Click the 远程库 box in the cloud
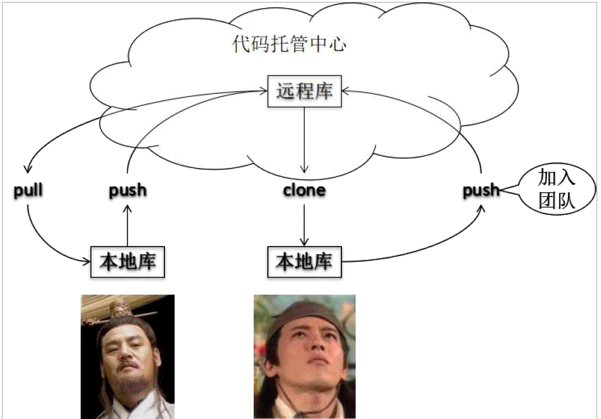coord(305,91)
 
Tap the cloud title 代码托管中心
coord(290,45)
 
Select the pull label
coord(28,190)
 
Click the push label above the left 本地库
coord(128,190)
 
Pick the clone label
coord(305,190)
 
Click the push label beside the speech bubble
coord(480,190)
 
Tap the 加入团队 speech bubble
coord(557,188)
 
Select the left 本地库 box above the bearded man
coord(128,261)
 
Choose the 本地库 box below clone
coord(305,261)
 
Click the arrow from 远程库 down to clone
coord(305,139)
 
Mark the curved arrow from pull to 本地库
coord(44,244)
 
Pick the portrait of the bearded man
coord(128,356)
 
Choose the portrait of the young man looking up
coord(305,356)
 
